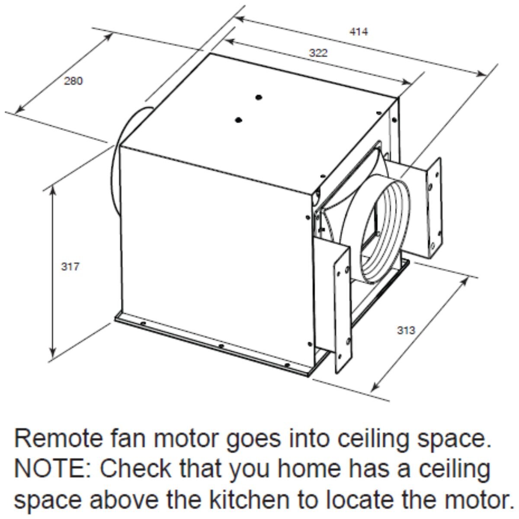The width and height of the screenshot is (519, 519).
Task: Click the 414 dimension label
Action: pyautogui.click(x=359, y=32)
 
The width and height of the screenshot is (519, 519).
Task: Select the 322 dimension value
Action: pyautogui.click(x=318, y=53)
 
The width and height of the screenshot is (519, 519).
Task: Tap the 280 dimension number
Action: pyautogui.click(x=73, y=81)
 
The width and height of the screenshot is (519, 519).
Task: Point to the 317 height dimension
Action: pyautogui.click(x=70, y=267)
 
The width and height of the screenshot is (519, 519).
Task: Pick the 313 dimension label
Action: pyautogui.click(x=406, y=330)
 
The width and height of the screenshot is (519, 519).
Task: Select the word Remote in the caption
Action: pyautogui.click(x=58, y=439)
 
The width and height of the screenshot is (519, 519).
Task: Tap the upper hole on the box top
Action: pyautogui.click(x=259, y=97)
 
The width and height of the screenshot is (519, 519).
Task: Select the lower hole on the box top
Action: pyautogui.click(x=238, y=120)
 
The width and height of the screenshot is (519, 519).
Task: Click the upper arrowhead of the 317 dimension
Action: pyautogui.click(x=53, y=190)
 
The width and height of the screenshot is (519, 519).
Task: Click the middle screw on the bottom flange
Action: pyautogui.click(x=221, y=346)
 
